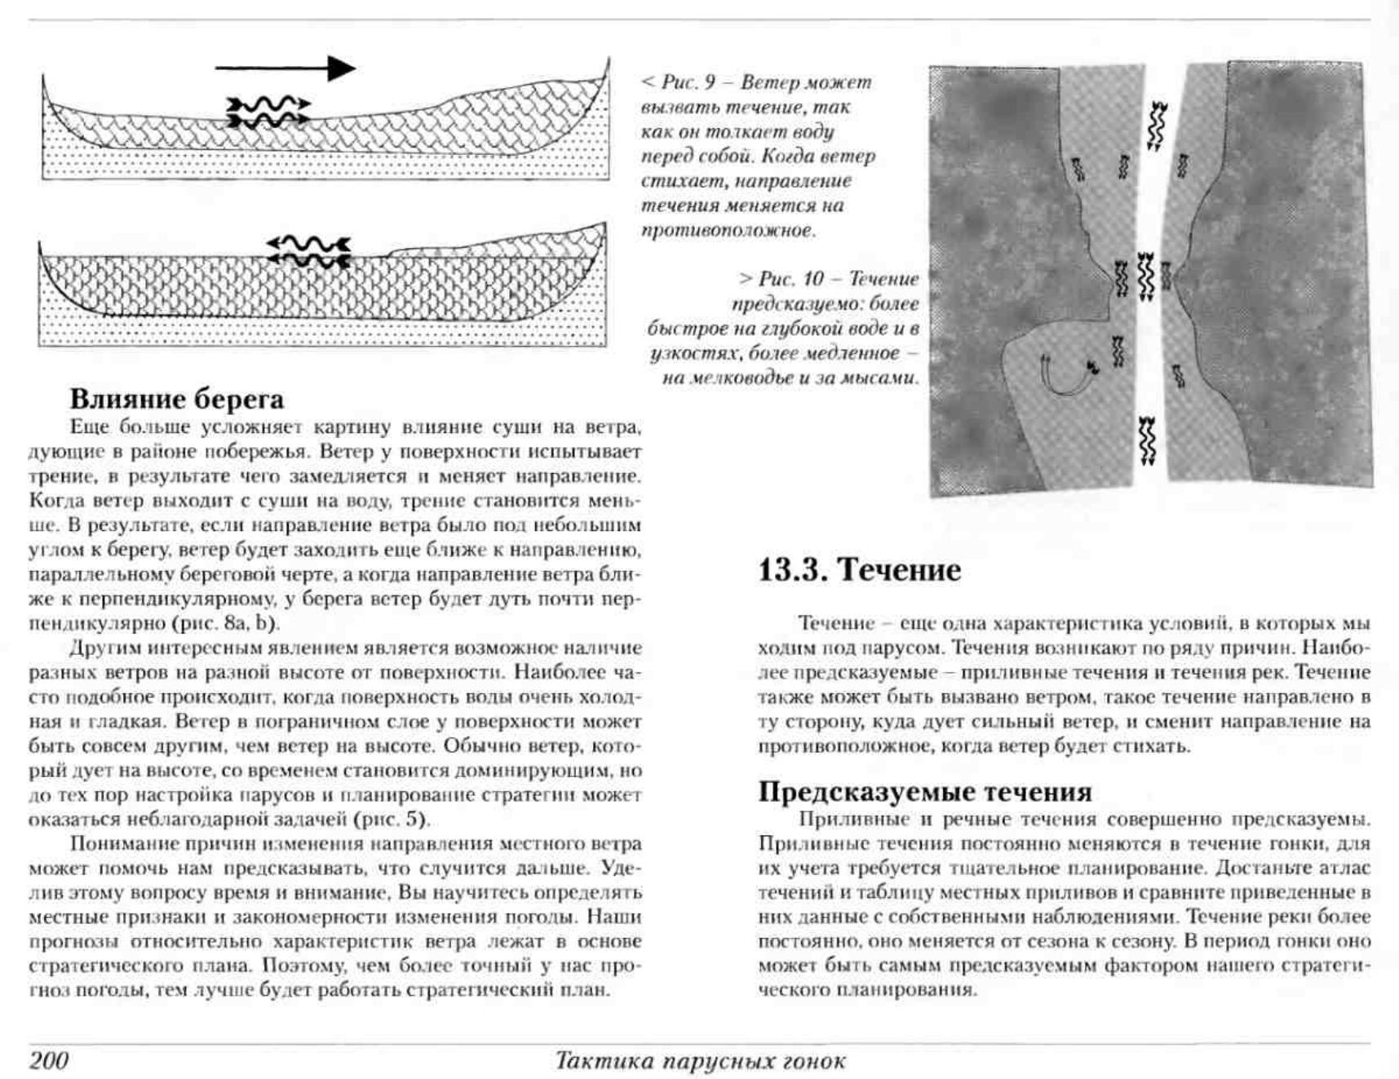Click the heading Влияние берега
point(176,399)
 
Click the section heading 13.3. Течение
point(859,569)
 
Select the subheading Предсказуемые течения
point(924,791)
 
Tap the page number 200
point(49,1060)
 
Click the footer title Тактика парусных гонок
point(699,1060)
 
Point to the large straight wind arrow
point(285,69)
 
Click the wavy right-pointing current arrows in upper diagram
point(268,112)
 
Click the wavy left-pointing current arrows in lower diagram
point(309,251)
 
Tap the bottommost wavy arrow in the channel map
point(1148,441)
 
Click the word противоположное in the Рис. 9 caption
point(728,230)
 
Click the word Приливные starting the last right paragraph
point(840,820)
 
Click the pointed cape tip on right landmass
point(1167,273)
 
